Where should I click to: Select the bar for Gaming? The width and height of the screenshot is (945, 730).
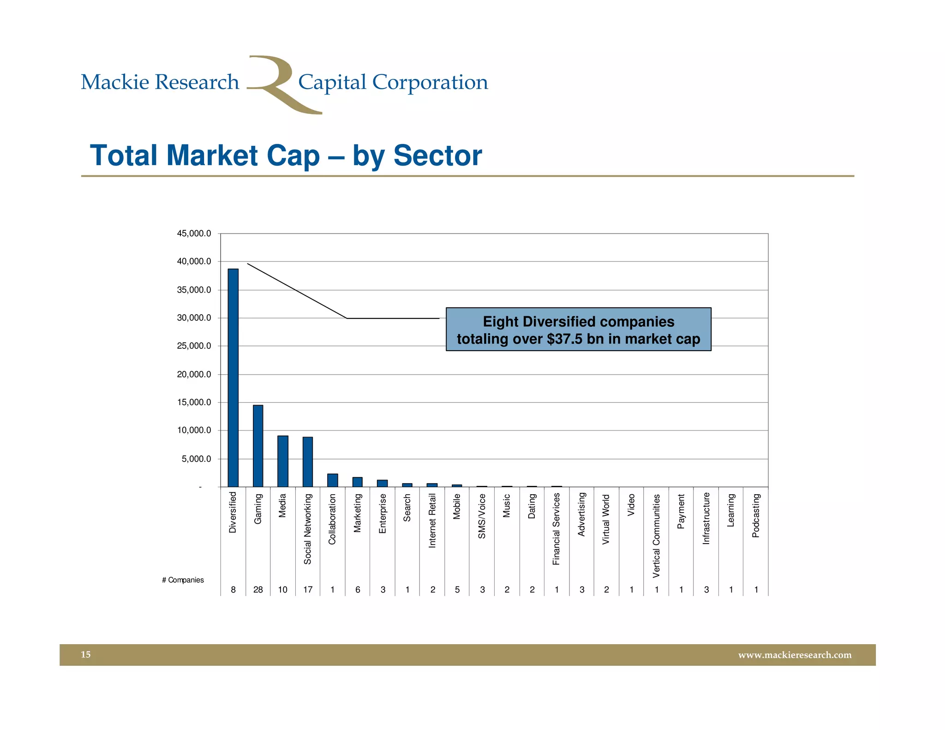pyautogui.click(x=258, y=446)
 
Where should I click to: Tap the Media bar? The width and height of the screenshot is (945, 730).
pyautogui.click(x=283, y=461)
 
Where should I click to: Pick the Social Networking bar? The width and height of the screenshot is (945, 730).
pyautogui.click(x=308, y=461)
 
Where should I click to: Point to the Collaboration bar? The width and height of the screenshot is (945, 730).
pyautogui.click(x=332, y=480)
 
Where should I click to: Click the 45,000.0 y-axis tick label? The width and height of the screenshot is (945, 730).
pyautogui.click(x=194, y=233)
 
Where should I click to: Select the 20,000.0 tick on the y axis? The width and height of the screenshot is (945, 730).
pyautogui.click(x=194, y=374)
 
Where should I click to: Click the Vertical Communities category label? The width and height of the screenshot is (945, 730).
pyautogui.click(x=656, y=536)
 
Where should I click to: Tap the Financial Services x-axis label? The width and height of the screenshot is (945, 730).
pyautogui.click(x=556, y=529)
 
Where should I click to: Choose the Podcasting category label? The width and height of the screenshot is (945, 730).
pyautogui.click(x=756, y=515)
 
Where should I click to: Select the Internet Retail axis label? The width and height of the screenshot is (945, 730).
pyautogui.click(x=432, y=521)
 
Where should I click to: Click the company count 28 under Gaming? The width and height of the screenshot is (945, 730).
pyautogui.click(x=258, y=590)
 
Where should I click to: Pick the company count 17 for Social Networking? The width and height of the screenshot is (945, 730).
pyautogui.click(x=308, y=590)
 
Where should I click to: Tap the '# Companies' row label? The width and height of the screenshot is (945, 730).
pyautogui.click(x=183, y=580)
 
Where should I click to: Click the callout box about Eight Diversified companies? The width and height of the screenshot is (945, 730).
pyautogui.click(x=578, y=329)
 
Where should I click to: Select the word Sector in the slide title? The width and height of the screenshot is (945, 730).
pyautogui.click(x=437, y=155)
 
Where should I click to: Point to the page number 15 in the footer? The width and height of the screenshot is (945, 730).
pyautogui.click(x=86, y=654)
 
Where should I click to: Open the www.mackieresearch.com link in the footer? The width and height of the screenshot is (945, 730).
pyautogui.click(x=795, y=655)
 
